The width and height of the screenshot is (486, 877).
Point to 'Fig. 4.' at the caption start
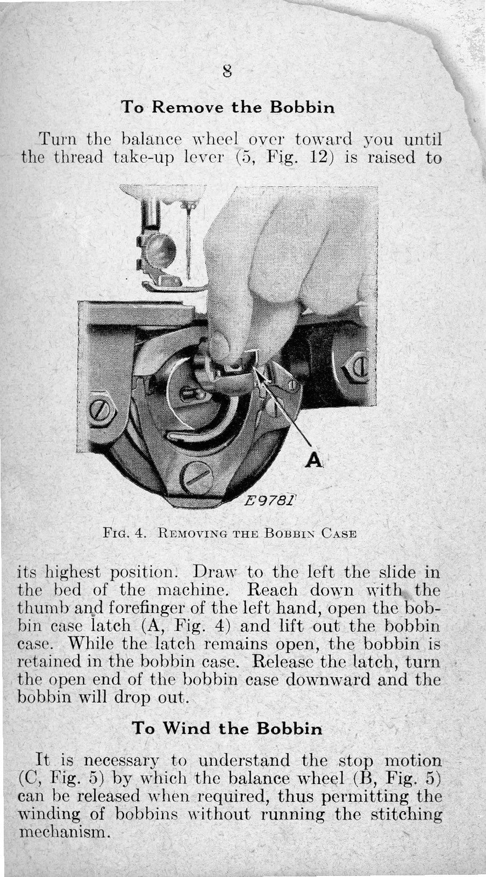[123, 533]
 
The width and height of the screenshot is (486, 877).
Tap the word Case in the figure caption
[340, 533]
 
